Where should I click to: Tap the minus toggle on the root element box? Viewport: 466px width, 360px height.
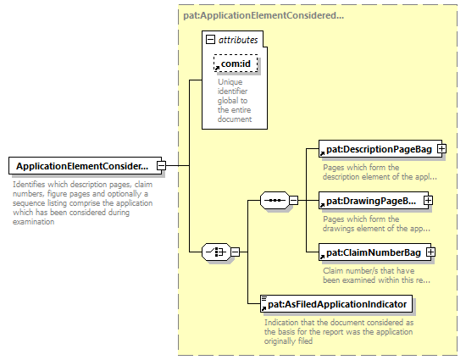click(x=161, y=165)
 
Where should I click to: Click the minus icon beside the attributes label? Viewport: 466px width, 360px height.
click(x=210, y=40)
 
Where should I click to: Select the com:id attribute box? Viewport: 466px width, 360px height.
click(x=236, y=64)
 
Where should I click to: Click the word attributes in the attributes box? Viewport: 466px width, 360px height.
click(x=238, y=40)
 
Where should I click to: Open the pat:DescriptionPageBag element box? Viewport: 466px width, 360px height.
click(x=380, y=149)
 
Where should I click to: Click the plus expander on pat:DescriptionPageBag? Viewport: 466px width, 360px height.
click(x=441, y=149)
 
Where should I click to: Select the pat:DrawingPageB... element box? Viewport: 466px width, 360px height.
click(x=374, y=201)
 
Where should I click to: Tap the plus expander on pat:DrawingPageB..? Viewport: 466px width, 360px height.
click(x=428, y=201)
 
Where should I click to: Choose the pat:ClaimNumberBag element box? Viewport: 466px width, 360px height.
click(x=374, y=252)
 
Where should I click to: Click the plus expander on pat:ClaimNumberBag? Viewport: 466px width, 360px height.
click(x=430, y=252)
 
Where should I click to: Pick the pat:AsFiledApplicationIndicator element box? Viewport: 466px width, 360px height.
click(x=336, y=304)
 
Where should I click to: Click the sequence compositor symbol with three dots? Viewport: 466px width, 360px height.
click(x=275, y=201)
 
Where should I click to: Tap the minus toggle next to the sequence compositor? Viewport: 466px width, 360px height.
click(x=294, y=201)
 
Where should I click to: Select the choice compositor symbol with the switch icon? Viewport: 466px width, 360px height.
click(x=216, y=252)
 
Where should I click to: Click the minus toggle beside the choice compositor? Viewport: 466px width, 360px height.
click(x=235, y=252)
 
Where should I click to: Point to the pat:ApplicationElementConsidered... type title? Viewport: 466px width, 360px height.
click(x=264, y=15)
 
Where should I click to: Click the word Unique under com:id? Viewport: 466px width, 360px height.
click(x=230, y=81)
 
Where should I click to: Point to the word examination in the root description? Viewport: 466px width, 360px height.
click(x=33, y=222)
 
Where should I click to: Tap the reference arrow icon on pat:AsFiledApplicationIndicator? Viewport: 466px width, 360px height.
click(x=264, y=308)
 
